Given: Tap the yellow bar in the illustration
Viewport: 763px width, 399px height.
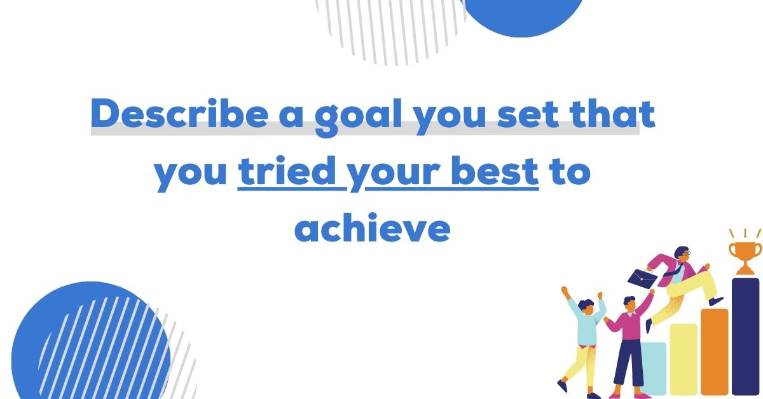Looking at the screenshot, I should tap(683, 359).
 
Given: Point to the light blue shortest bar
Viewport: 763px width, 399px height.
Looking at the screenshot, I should tap(653, 369).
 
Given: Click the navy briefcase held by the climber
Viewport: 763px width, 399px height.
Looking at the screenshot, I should tap(643, 278).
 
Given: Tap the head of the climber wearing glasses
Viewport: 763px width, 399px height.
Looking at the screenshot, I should tap(681, 254).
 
